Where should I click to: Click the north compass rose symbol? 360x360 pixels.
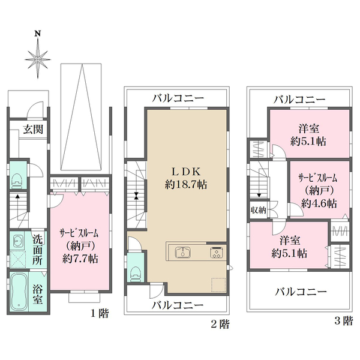coord(38,58)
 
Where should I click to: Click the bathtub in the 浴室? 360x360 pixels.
coord(18,291)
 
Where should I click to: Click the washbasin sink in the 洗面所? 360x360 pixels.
coord(17,241)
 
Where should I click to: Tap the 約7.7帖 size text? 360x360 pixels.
coord(79,259)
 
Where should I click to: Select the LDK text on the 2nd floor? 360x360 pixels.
coord(186,170)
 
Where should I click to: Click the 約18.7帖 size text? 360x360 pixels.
coord(186,185)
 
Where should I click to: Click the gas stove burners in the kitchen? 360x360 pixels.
coord(216,253)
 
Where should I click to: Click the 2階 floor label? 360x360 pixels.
coord(220,325)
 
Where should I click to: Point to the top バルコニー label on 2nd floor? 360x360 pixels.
coord(178,97)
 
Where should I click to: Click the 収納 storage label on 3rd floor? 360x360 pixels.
coord(259,210)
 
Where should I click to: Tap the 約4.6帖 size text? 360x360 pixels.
coord(319,203)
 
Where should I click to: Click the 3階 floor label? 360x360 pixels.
coord(344,320)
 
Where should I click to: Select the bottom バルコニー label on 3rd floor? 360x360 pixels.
coord(301,292)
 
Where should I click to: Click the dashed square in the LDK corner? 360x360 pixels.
coord(218,285)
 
